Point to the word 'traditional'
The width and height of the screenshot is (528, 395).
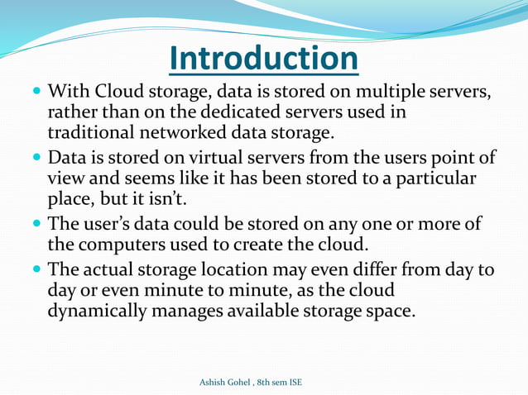pos(92,131)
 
